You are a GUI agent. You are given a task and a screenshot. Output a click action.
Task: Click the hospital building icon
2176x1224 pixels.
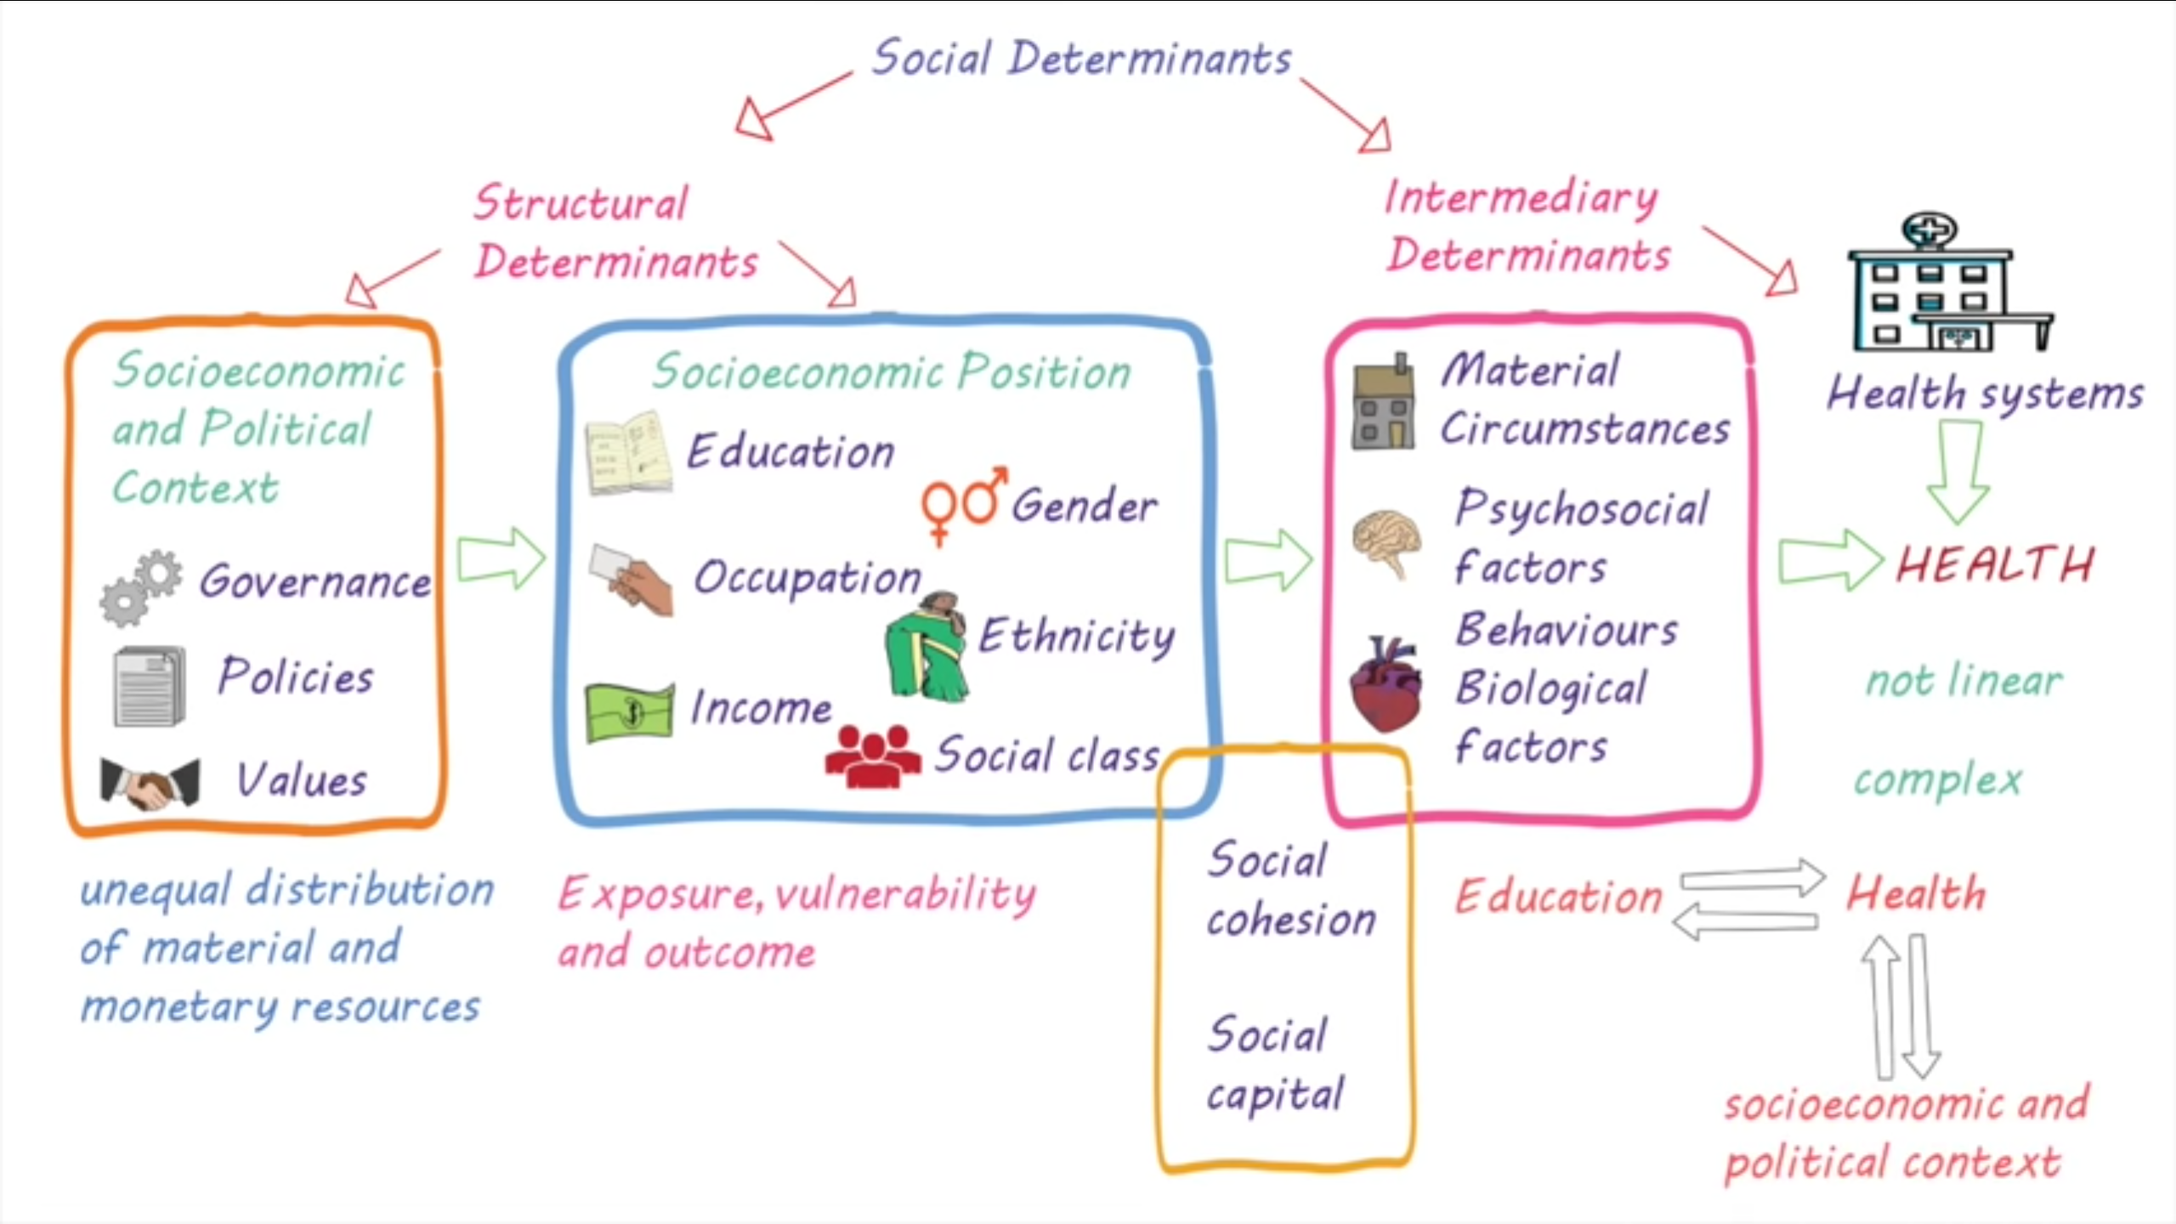pyautogui.click(x=1946, y=285)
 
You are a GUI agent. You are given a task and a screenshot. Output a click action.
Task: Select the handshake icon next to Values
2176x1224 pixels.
pyautogui.click(x=150, y=782)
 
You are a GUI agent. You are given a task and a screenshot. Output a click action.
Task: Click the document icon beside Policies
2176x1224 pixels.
pyautogui.click(x=150, y=686)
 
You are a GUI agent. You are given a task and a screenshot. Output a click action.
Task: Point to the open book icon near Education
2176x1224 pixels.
pyautogui.click(x=629, y=454)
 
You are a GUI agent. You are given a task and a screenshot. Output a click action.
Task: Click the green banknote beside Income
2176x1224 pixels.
pyautogui.click(x=630, y=712)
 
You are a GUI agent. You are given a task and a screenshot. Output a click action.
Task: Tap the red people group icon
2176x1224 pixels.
pyautogui.click(x=873, y=756)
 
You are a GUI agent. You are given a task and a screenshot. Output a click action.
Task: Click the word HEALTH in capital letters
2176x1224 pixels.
pyautogui.click(x=1994, y=564)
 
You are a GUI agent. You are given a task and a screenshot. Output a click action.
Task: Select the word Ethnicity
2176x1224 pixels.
pyautogui.click(x=1077, y=636)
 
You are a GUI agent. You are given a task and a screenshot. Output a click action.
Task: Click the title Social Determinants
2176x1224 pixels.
pyautogui.click(x=1081, y=59)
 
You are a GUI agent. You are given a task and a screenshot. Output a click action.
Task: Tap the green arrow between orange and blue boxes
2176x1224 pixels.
pyautogui.click(x=500, y=558)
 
